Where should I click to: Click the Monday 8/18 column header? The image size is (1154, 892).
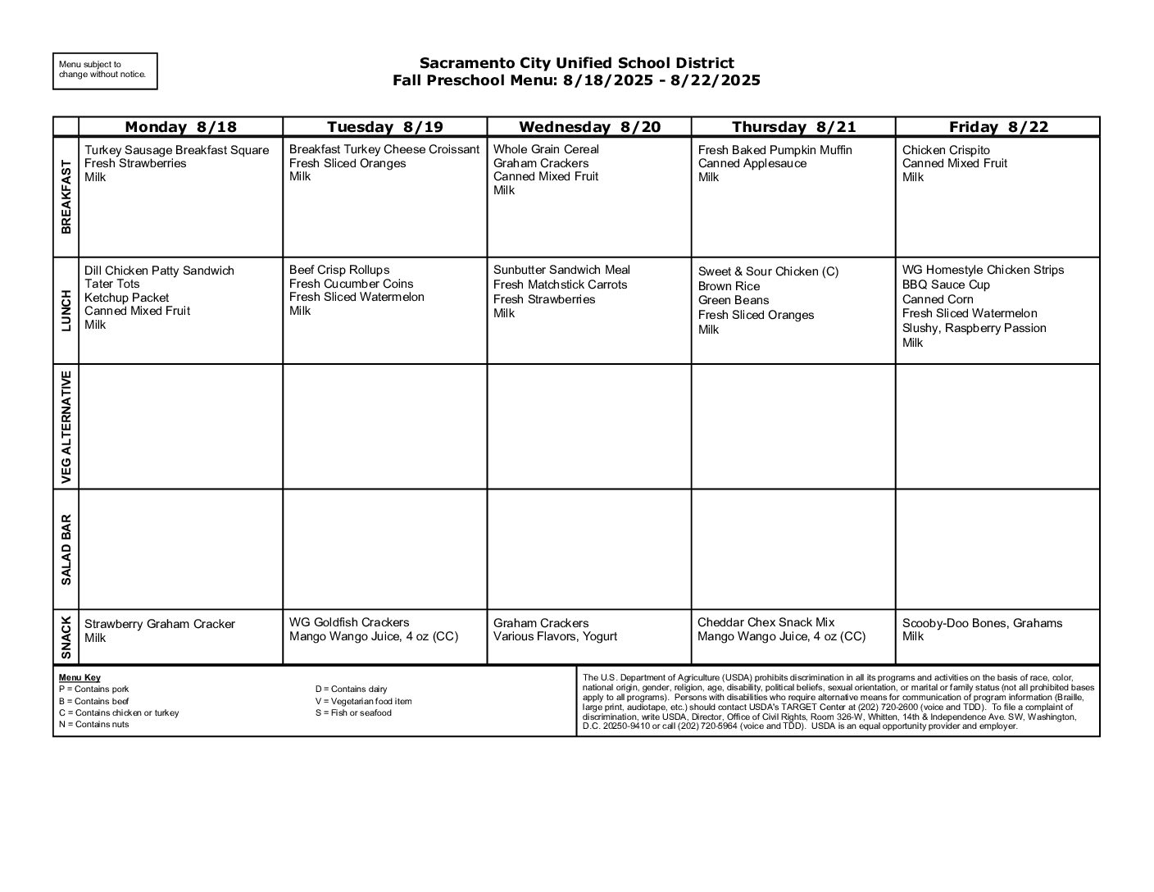[180, 126]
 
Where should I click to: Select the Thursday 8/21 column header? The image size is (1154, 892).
[793, 126]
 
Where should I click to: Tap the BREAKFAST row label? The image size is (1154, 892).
[66, 197]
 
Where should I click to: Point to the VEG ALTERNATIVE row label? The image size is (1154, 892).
[66, 426]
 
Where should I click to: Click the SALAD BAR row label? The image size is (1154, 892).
[66, 549]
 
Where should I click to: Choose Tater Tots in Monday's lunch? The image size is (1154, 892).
[112, 284]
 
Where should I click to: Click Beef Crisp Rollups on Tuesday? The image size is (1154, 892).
[339, 270]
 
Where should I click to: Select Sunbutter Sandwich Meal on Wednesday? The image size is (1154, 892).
[561, 270]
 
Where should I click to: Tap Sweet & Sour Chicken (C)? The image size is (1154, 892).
[768, 271]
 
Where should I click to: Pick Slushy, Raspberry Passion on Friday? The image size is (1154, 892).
[974, 328]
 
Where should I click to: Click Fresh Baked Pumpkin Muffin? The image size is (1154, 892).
[775, 150]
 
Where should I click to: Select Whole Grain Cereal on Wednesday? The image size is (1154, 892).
[546, 149]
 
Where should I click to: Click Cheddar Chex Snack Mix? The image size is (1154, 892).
[766, 622]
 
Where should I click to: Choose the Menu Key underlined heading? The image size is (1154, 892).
[80, 678]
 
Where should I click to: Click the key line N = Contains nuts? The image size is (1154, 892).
[93, 725]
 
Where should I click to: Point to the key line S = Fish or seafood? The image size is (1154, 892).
[353, 713]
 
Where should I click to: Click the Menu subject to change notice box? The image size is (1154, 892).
[105, 71]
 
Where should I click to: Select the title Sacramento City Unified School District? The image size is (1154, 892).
[576, 63]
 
